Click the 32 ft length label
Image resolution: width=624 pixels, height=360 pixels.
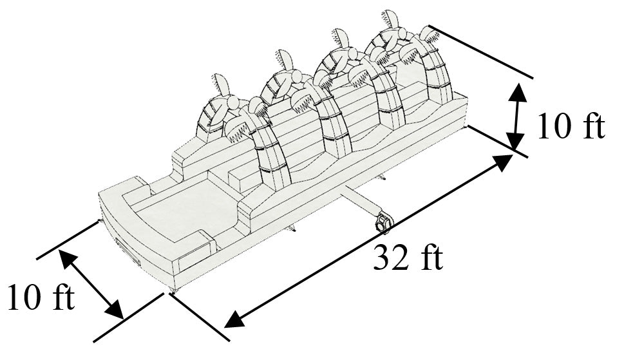[408, 258]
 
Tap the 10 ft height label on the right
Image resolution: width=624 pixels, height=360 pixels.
[571, 126]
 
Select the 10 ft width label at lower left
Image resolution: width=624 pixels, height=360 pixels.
[41, 297]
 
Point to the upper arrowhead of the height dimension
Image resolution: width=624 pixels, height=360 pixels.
[518, 93]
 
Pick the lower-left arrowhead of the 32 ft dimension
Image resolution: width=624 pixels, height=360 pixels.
[235, 319]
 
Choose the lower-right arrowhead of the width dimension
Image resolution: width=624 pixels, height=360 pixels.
[115, 310]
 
